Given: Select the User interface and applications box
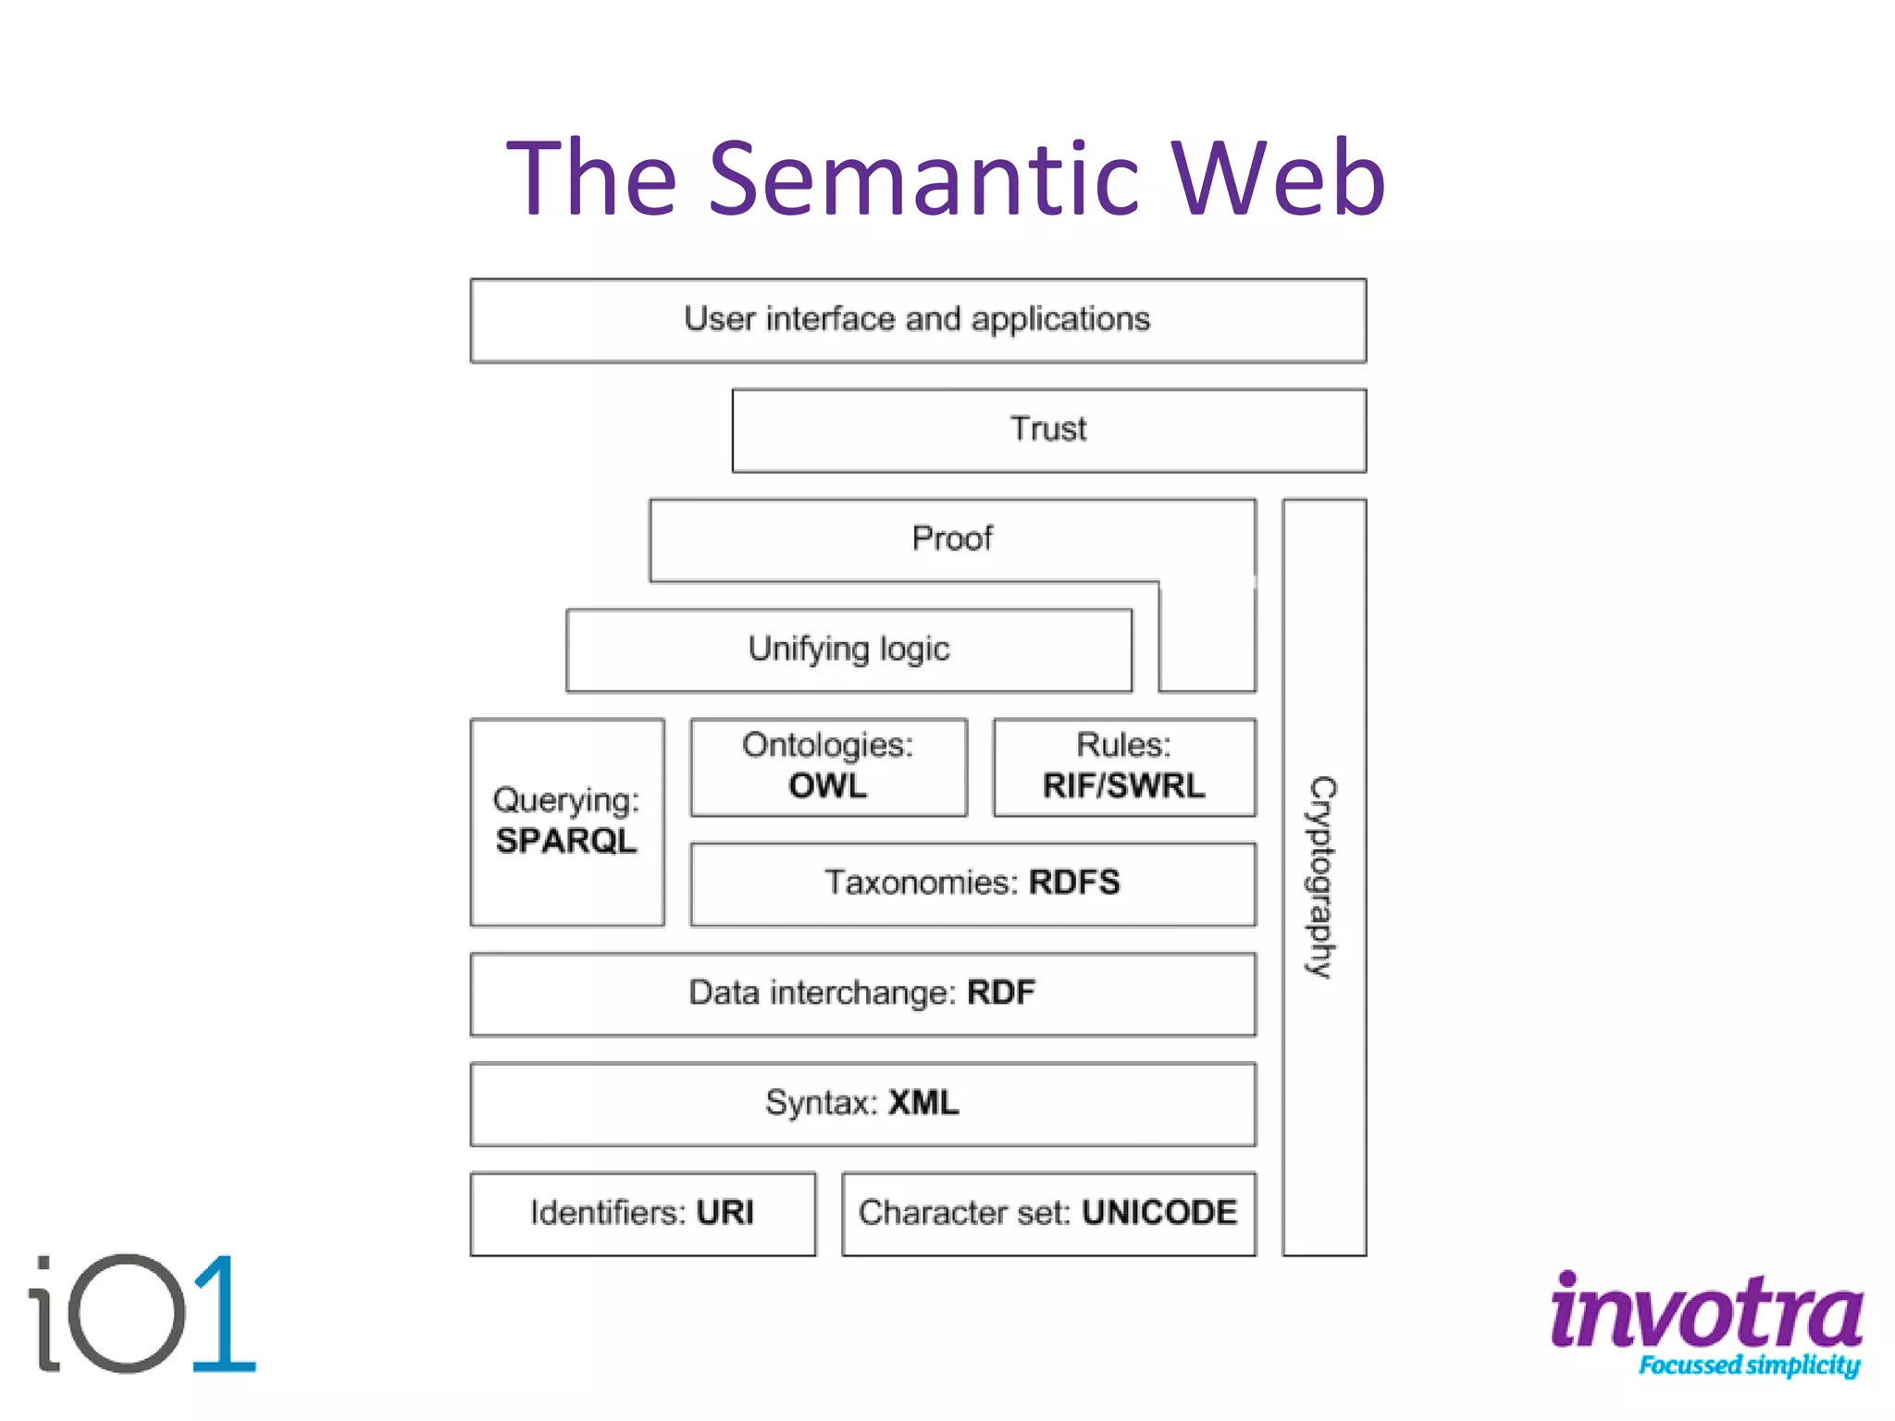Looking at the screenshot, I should tap(917, 320).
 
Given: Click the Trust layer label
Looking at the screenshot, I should tap(1048, 429).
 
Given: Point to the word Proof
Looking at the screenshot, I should tap(951, 538).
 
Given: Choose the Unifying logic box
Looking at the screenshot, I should tap(848, 649).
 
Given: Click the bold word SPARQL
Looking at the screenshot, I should tap(566, 841).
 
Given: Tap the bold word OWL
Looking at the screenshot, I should tap(828, 786).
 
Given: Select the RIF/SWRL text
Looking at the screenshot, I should tap(1123, 786).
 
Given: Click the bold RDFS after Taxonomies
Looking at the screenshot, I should tap(1073, 883).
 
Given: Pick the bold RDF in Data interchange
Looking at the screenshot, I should tap(1001, 993).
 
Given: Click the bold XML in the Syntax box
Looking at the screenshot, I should tap(923, 1103).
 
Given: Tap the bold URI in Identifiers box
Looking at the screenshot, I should tap(725, 1213).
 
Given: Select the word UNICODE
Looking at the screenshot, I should tap(1158, 1213).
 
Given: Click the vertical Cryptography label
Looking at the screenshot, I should tap(1323, 876).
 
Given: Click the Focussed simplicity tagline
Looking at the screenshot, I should tap(1749, 1365).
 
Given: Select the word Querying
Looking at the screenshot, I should tap(566, 800).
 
